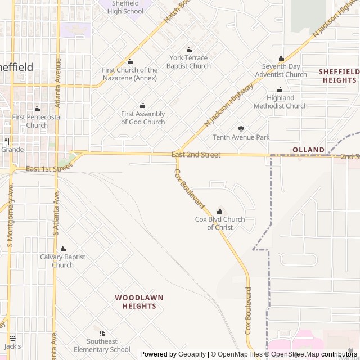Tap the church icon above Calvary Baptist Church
[62, 249]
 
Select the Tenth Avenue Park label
[241, 137]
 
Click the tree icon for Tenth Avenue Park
[241, 129]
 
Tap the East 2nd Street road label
[196, 155]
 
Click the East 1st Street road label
[49, 168]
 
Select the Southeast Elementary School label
[102, 345]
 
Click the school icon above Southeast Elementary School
[102, 333]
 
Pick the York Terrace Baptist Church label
[188, 62]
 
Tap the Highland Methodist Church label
[280, 102]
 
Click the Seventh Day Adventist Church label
[281, 70]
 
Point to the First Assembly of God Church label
[143, 118]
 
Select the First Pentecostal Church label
[37, 121]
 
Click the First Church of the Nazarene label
[130, 74]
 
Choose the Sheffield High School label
[125, 7]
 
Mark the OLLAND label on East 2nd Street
[308, 150]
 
